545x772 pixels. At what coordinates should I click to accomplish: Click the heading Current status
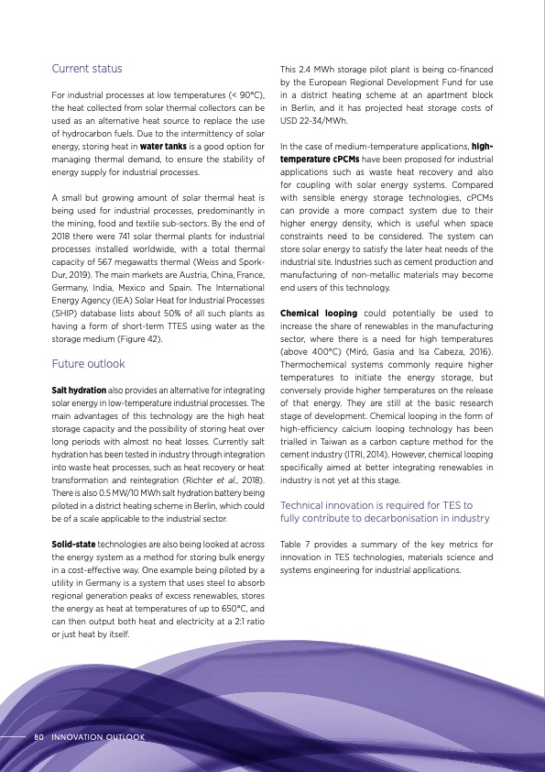coord(87,69)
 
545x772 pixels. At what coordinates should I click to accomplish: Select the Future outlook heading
coord(89,364)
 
